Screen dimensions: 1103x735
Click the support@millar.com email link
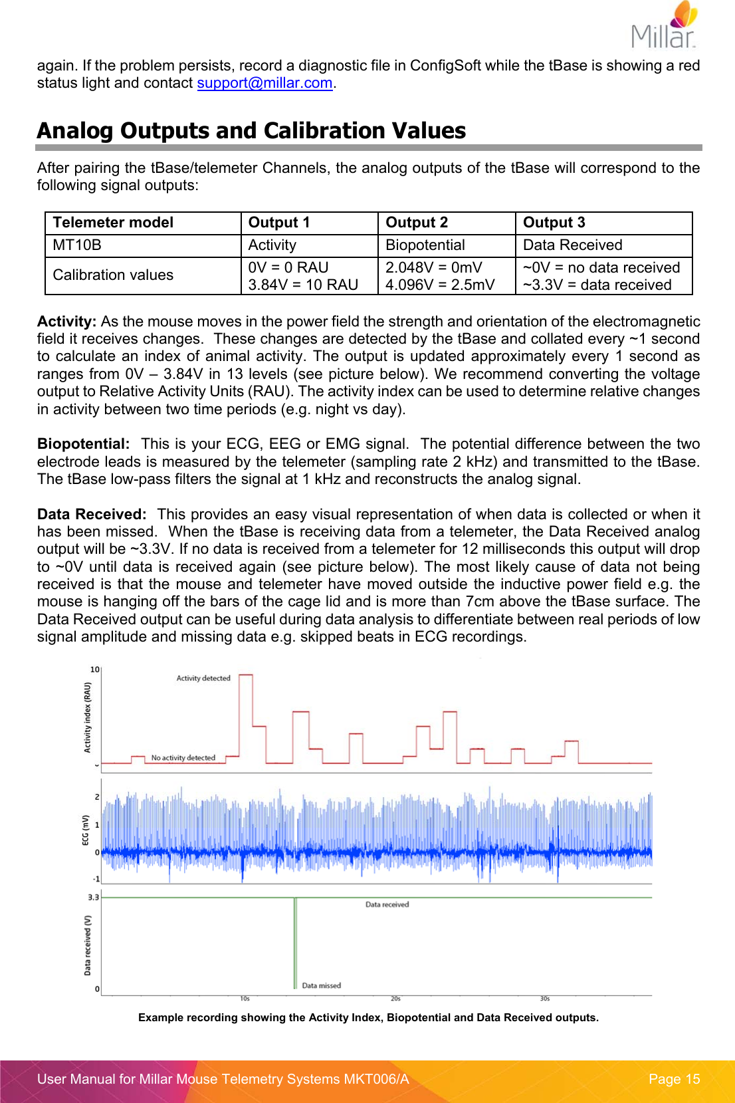tap(264, 83)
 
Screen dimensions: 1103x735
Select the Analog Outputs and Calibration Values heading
tap(251, 130)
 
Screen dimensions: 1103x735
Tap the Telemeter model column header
tap(113, 223)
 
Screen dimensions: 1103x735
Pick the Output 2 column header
tap(417, 223)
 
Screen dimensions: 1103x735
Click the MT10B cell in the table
tap(77, 245)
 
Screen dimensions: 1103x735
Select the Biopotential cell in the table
tap(425, 245)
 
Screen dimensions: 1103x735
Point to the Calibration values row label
tap(113, 275)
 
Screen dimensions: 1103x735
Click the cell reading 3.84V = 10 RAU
tap(303, 285)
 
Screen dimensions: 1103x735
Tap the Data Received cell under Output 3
tap(572, 245)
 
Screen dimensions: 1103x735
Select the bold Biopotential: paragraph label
tap(83, 443)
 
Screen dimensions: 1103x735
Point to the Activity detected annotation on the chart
tap(203, 678)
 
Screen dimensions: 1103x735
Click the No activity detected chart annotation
tap(183, 757)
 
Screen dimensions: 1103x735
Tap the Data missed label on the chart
tap(321, 985)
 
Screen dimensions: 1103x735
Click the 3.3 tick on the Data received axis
tap(93, 898)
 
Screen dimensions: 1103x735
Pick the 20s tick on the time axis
tap(395, 999)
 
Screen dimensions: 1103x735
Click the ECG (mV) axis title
tap(86, 830)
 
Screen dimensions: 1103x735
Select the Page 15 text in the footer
tap(674, 1079)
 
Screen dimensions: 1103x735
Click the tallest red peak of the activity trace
tap(246, 675)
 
